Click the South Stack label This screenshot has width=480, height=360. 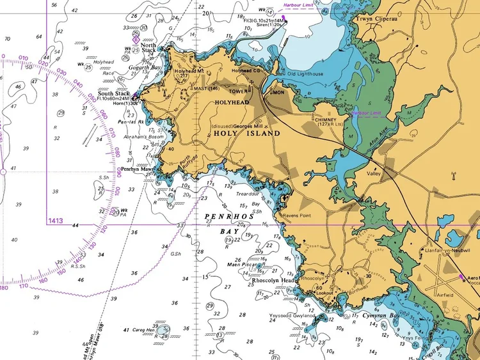[x=114, y=94]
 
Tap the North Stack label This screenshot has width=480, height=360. [x=148, y=47]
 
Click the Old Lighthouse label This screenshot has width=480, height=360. [x=305, y=74]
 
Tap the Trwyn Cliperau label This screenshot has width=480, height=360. [x=378, y=19]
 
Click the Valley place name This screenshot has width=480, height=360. [x=373, y=173]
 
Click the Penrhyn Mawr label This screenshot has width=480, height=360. [x=136, y=169]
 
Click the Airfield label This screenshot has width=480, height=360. [x=444, y=295]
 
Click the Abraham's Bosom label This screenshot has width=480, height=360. [x=148, y=137]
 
